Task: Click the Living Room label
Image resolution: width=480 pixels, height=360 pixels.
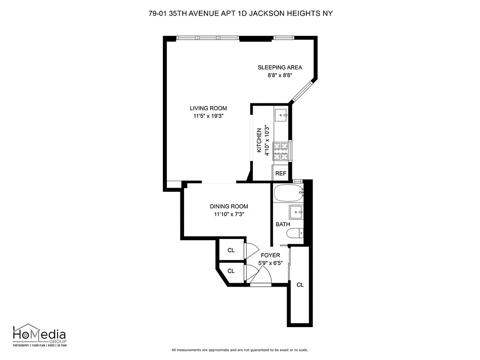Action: (x=208, y=108)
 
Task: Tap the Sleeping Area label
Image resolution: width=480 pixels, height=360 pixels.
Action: (x=279, y=67)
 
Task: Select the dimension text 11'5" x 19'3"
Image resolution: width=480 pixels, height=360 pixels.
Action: (x=208, y=116)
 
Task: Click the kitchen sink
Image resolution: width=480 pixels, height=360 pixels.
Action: (x=282, y=115)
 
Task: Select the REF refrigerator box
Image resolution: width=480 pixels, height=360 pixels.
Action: (x=281, y=173)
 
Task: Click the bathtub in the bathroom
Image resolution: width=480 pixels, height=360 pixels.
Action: (x=288, y=193)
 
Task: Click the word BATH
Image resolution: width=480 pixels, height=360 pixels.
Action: (x=283, y=224)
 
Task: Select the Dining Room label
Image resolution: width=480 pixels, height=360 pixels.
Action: (x=229, y=207)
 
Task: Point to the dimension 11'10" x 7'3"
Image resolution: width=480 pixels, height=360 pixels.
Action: (x=229, y=214)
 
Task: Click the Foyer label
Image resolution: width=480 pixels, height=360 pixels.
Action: (x=270, y=255)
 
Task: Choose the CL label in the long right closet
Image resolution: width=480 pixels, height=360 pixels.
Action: (x=300, y=285)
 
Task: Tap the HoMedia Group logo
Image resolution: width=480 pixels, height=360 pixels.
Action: (x=39, y=335)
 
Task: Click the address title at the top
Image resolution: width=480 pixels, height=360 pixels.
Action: (x=240, y=13)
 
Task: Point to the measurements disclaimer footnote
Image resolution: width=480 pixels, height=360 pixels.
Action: (x=240, y=350)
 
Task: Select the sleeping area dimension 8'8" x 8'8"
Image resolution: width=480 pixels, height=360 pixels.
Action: (x=279, y=76)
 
